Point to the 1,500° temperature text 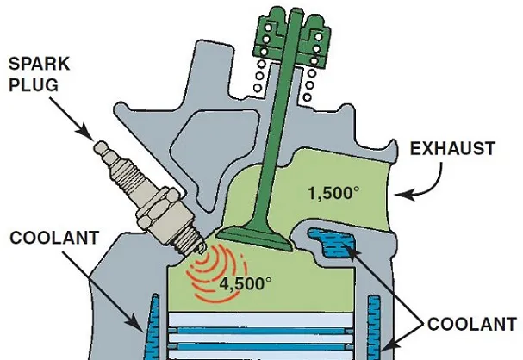click(332, 192)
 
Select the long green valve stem click(278, 138)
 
